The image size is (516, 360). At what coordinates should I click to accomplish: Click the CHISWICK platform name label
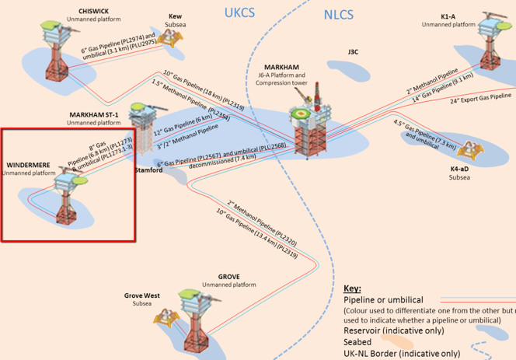[x=93, y=11]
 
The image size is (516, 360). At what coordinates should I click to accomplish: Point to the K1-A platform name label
[x=448, y=16]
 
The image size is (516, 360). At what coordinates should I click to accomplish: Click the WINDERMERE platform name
[x=28, y=166]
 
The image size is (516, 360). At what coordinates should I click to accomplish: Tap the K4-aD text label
[x=459, y=169]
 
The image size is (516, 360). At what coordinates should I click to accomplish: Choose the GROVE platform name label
[x=228, y=277]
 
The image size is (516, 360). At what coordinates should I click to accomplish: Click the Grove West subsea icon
[x=164, y=316]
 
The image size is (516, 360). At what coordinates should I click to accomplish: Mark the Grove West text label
[x=141, y=295]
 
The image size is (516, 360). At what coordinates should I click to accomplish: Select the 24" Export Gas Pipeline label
[x=480, y=97]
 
